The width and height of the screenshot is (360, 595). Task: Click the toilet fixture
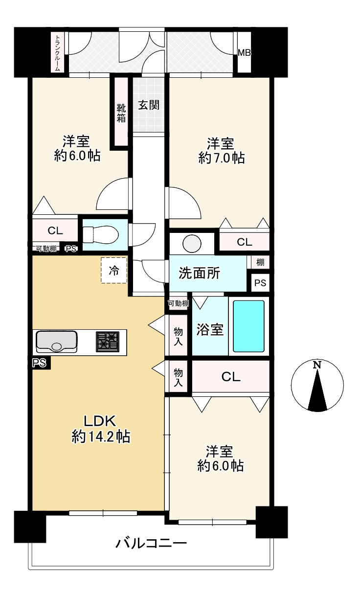tap(100, 234)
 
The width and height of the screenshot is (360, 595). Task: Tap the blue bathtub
tap(249, 326)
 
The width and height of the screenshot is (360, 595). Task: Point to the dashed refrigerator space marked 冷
tap(114, 271)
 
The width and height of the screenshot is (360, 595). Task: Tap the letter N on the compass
tap(317, 365)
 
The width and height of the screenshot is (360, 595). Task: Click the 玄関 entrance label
tap(149, 105)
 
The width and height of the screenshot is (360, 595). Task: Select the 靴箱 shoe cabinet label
tap(121, 113)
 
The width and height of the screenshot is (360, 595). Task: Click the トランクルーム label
tap(58, 53)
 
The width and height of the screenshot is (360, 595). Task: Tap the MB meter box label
tap(244, 53)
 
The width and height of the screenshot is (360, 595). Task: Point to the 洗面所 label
tap(200, 273)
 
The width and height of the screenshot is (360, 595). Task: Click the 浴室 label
tap(210, 330)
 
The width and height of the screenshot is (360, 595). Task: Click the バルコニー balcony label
tap(151, 543)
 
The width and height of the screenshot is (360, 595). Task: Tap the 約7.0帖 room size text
tap(222, 159)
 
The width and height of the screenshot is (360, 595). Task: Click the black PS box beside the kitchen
tap(39, 363)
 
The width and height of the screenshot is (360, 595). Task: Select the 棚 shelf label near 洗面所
tap(260, 262)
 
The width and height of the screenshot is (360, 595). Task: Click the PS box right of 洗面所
tap(260, 283)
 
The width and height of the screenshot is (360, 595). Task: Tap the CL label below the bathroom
tap(231, 377)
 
